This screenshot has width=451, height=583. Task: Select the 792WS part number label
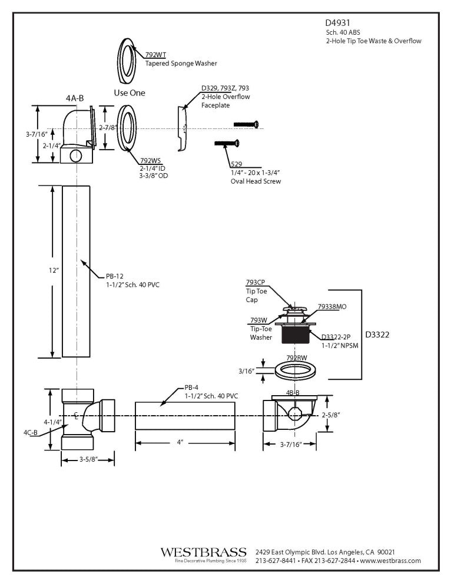click(x=149, y=160)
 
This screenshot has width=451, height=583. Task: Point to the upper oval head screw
click(x=246, y=124)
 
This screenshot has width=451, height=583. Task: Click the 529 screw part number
click(x=236, y=165)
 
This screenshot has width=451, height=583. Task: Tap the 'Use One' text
click(x=129, y=93)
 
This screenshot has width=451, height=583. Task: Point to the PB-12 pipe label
click(x=115, y=276)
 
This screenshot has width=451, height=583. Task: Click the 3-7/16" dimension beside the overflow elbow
click(x=37, y=134)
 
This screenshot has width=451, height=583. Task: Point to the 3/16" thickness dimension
click(x=247, y=371)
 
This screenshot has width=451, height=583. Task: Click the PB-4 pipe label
click(x=192, y=387)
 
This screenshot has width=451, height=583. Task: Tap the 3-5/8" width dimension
click(x=88, y=460)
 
